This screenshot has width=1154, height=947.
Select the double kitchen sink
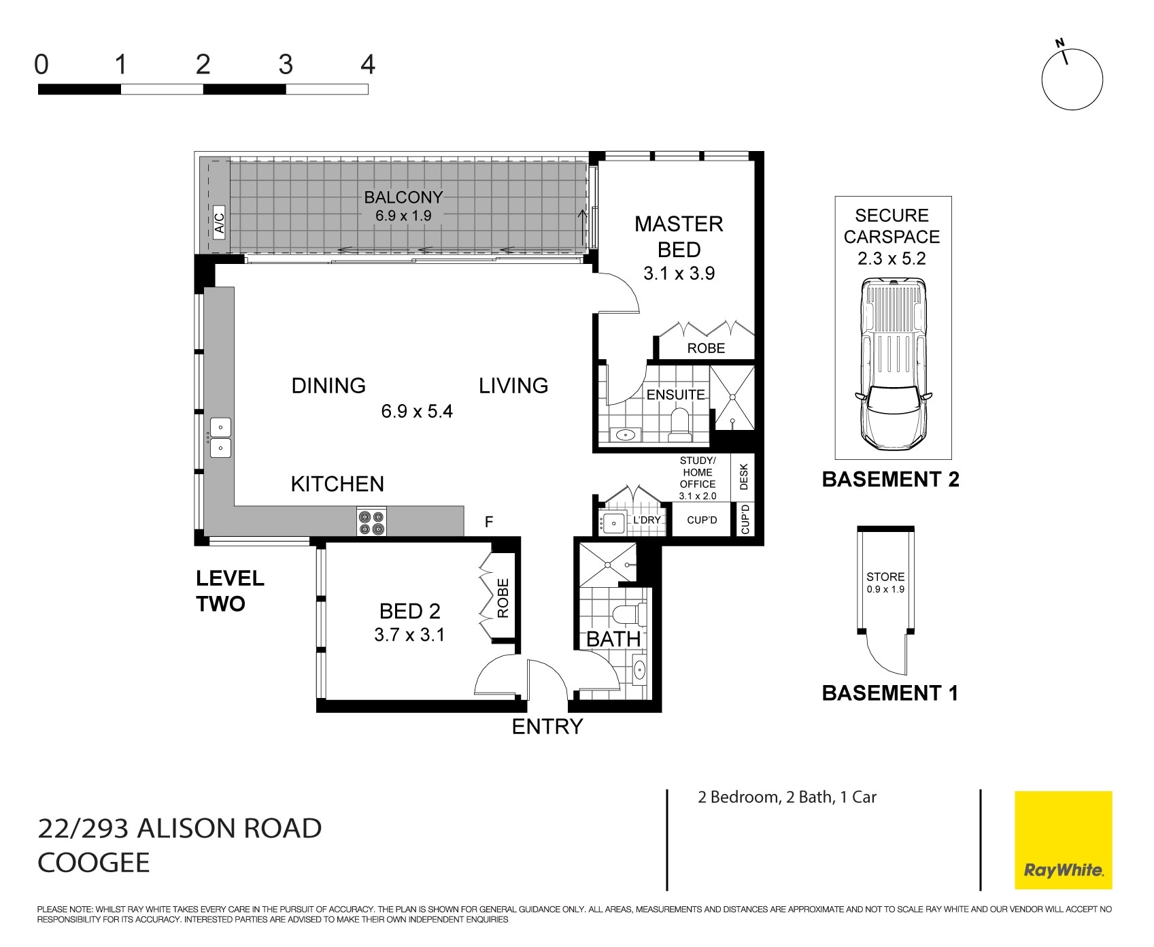click(x=221, y=437)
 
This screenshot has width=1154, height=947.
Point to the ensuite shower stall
click(x=732, y=397)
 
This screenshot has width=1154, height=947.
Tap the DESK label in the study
click(x=743, y=476)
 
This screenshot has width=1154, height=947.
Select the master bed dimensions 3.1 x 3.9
click(x=679, y=273)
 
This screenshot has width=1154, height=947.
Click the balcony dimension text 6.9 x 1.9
click(x=403, y=216)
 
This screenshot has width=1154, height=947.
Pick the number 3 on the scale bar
click(x=286, y=65)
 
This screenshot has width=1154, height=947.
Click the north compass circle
click(x=1072, y=80)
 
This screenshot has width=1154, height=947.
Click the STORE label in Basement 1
click(x=885, y=576)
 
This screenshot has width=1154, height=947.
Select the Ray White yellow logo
click(x=1063, y=840)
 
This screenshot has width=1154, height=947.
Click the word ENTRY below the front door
click(x=547, y=727)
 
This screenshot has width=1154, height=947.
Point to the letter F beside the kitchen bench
click(x=488, y=522)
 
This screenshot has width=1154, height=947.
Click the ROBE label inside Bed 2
click(x=503, y=598)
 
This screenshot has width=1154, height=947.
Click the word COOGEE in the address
click(x=93, y=863)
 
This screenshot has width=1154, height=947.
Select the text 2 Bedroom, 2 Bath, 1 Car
click(x=787, y=797)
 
